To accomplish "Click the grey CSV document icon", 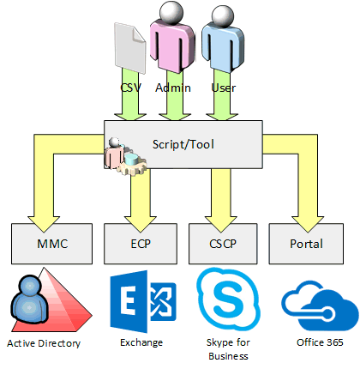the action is click(130, 48).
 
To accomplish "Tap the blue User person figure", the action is click(223, 39).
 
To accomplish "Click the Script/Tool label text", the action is click(183, 144).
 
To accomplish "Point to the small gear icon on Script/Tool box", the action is click(126, 157).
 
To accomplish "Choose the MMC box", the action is click(52, 244).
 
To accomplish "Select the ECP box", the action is click(141, 244).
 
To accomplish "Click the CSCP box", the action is click(223, 244).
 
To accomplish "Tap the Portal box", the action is click(306, 244).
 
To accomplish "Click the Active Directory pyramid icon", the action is click(51, 300).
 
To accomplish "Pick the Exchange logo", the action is click(143, 301).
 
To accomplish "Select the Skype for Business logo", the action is click(228, 299).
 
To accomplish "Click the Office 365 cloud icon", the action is click(320, 305).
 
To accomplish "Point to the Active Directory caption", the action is click(44, 343).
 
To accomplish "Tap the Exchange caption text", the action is click(141, 342).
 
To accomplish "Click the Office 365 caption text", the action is click(320, 342).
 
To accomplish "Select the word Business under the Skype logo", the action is click(228, 356).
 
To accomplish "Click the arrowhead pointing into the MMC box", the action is click(44, 224).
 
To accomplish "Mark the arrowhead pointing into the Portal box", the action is click(308, 224).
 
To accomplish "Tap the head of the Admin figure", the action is click(171, 11).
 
